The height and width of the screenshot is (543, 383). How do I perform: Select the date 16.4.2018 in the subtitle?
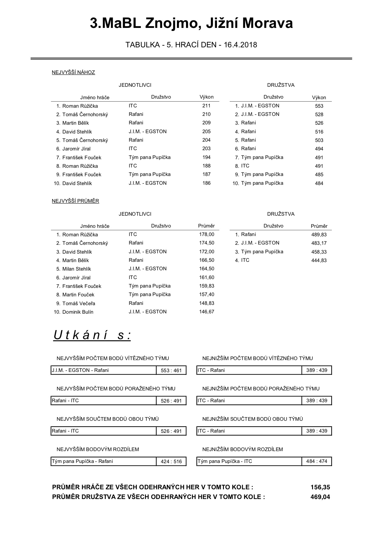click(x=240, y=45)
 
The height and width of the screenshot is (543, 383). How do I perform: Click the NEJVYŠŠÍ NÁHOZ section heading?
click(x=73, y=73)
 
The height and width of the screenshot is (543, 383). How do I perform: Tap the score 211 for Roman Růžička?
click(x=206, y=106)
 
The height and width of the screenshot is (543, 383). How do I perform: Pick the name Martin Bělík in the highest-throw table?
click(x=75, y=123)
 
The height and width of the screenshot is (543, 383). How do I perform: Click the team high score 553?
click(x=319, y=106)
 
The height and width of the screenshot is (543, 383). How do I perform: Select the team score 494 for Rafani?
click(x=319, y=149)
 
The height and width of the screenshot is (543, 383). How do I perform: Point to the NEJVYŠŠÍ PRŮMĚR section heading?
click(x=75, y=201)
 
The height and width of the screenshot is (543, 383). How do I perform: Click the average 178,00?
click(x=207, y=234)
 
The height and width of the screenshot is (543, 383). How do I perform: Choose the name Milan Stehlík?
click(x=77, y=269)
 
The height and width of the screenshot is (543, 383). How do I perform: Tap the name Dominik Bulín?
click(x=78, y=312)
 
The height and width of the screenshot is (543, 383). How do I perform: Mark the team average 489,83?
click(x=319, y=235)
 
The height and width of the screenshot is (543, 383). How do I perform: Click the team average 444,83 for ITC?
click(x=319, y=261)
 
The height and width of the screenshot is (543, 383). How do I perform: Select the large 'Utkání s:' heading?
click(x=92, y=335)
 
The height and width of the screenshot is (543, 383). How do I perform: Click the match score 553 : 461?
click(x=171, y=370)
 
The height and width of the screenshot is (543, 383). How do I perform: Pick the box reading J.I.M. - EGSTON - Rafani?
click(x=103, y=370)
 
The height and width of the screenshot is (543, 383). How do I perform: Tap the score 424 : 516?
click(x=171, y=461)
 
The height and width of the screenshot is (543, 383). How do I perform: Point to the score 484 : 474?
click(x=317, y=461)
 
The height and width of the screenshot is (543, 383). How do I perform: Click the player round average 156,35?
click(x=320, y=487)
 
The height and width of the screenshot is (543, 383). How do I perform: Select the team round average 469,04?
click(x=320, y=497)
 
